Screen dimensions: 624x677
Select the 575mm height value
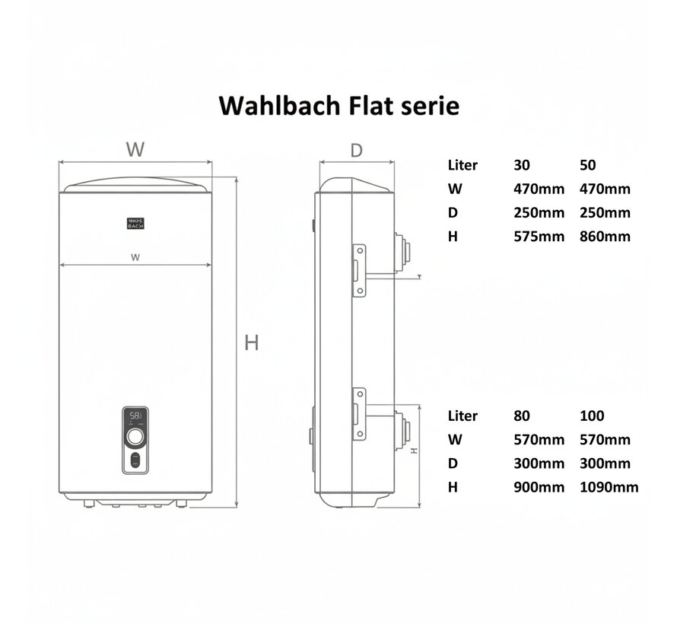point(539,236)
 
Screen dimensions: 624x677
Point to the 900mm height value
point(539,487)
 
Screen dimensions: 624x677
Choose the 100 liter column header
point(591,415)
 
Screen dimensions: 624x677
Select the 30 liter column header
point(522,164)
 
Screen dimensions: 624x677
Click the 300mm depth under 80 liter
point(539,463)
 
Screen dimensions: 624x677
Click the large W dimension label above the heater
point(135,150)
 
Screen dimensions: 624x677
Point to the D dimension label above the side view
point(356,150)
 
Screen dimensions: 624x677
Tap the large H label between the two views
point(252,343)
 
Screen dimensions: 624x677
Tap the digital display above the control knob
point(135,416)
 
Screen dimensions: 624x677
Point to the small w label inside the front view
point(135,256)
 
